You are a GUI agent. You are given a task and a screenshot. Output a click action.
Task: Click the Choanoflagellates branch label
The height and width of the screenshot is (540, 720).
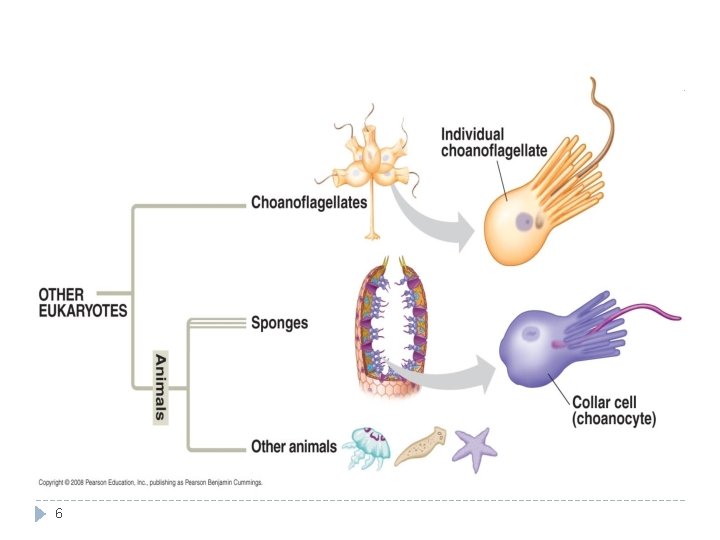[x=309, y=202]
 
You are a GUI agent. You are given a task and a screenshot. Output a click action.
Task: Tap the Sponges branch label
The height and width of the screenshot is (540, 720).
[x=279, y=323]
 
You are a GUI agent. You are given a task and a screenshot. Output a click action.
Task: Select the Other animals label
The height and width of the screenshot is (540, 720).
[x=294, y=446]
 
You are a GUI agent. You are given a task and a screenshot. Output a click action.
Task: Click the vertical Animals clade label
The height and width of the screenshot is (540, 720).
[x=160, y=388]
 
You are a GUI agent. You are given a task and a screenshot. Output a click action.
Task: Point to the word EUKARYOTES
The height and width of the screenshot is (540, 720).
[x=83, y=311]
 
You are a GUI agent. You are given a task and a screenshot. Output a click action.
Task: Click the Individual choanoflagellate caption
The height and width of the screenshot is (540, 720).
[x=494, y=142]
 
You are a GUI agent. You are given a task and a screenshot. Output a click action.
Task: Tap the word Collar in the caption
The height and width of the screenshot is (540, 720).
[x=588, y=403]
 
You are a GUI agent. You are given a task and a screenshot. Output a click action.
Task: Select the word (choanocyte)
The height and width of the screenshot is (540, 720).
[x=614, y=419]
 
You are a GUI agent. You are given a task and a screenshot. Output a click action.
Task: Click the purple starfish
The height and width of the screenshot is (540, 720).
[x=475, y=449]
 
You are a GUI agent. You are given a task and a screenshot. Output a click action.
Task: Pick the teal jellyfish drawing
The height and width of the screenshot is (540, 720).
[x=367, y=448]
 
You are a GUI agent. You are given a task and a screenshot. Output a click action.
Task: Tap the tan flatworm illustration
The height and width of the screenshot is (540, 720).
[x=420, y=446]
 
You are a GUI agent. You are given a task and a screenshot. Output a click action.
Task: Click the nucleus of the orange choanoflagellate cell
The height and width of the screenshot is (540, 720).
[x=523, y=222]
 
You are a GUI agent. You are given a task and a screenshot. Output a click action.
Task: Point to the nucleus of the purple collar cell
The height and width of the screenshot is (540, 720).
[x=531, y=332]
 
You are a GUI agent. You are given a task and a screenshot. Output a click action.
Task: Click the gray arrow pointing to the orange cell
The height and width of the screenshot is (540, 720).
[x=429, y=220]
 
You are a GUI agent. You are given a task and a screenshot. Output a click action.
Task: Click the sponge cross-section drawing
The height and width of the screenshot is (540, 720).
[x=390, y=327]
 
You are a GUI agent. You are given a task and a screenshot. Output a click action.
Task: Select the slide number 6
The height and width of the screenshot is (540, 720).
[x=58, y=513]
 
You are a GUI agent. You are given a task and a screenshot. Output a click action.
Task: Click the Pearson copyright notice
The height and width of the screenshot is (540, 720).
[x=151, y=483]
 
